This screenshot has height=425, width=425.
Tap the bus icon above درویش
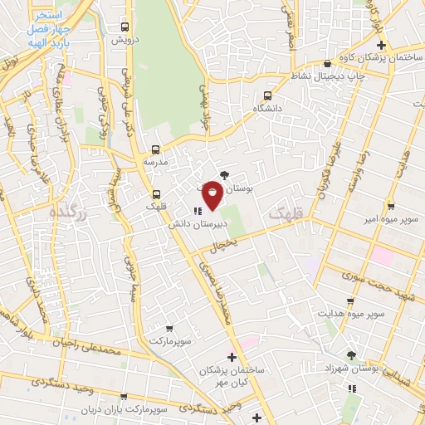[x=125, y=27]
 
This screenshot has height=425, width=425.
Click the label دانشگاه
[x=266, y=108]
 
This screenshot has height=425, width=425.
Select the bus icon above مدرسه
[x=156, y=150]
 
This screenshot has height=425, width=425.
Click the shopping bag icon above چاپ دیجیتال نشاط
[x=329, y=61]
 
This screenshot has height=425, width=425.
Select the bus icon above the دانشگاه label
[x=267, y=95]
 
